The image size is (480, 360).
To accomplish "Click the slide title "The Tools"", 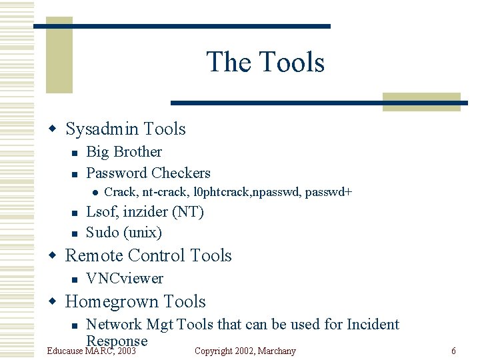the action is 265,62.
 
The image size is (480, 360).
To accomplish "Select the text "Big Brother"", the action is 124,152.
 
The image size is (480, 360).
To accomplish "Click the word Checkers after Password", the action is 180,173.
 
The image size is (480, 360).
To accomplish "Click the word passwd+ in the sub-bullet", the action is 329,193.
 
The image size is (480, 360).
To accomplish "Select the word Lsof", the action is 101,212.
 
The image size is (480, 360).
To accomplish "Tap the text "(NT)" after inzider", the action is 188,212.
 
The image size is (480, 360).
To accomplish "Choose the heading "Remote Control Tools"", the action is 148,255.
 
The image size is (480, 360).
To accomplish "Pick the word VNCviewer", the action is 125,279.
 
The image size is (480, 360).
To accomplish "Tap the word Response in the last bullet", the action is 117,341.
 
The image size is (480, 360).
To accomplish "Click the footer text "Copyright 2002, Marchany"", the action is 245,351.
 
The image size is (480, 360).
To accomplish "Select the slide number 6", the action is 453,351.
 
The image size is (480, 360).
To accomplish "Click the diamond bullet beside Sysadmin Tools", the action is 57,129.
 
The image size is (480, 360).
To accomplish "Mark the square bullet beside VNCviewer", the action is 75,279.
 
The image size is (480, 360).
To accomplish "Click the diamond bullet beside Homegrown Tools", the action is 57,302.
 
